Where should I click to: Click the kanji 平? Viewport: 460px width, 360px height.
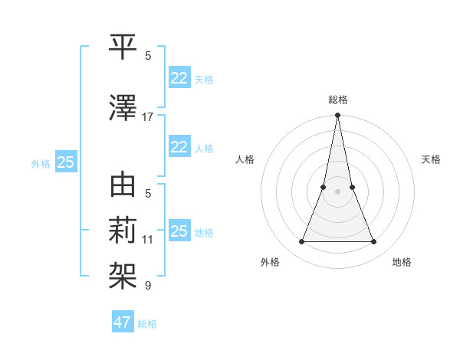123,46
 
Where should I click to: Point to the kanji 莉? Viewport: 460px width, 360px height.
123,228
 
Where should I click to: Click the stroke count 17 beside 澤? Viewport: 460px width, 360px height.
148,117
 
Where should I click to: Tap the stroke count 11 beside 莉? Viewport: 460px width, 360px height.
148,240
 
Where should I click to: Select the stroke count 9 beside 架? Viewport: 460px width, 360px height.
148,286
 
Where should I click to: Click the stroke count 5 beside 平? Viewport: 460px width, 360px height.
148,55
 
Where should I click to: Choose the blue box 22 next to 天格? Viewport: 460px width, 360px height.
179,77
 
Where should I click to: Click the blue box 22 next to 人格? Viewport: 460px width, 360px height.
179,147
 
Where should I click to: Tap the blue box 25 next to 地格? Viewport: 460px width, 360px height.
179,231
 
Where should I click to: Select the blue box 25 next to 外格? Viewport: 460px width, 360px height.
65,162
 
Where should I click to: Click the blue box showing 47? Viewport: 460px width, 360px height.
123,322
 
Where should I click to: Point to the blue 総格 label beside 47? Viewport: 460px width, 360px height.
147,324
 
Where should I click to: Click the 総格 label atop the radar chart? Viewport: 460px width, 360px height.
337,100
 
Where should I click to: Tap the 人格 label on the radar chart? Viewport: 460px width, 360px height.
245,159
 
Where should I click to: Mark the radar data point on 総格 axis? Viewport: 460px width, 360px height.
337,116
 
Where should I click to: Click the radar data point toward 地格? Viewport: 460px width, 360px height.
374,242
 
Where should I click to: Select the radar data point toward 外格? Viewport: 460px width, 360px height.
301,242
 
